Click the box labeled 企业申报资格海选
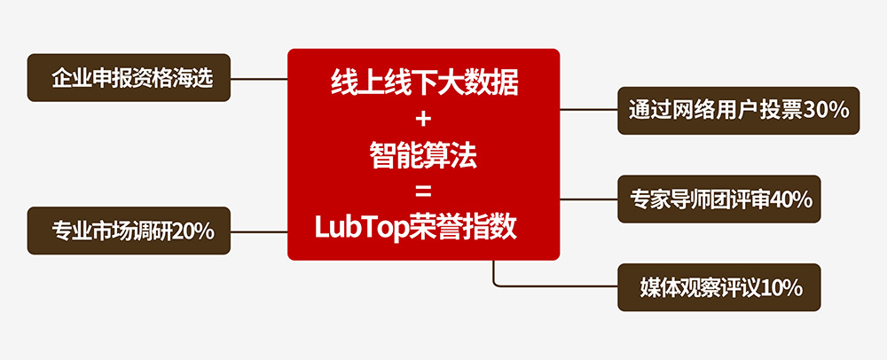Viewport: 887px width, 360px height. (130, 78)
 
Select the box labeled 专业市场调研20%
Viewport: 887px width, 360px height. (130, 231)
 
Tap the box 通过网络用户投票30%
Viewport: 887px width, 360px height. (738, 110)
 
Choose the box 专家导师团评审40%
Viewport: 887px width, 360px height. (719, 200)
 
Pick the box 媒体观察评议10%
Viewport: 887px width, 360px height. (719, 287)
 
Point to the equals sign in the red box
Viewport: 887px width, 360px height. (422, 192)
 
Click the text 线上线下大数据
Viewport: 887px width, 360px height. (423, 85)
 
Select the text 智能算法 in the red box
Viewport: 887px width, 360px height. (423, 157)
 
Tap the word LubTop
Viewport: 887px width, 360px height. (359, 228)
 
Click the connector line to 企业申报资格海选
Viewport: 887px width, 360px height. (259, 78)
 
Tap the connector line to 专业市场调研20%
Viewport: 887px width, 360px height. (259, 231)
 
